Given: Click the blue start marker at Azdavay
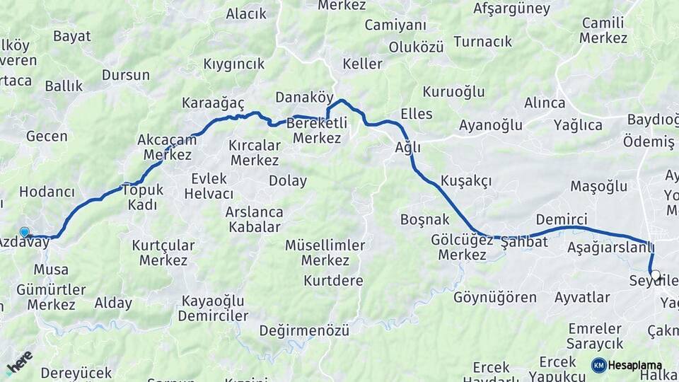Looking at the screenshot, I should click(x=25, y=232).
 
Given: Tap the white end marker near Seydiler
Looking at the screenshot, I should click(x=655, y=275).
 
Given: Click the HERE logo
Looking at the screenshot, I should click(x=19, y=362).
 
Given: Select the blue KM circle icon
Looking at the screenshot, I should click(x=598, y=365).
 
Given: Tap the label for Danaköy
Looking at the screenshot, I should click(x=304, y=97).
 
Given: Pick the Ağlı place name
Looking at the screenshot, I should click(x=408, y=147).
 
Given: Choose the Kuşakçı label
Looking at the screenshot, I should click(x=465, y=180).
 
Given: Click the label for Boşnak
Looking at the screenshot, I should click(x=424, y=219).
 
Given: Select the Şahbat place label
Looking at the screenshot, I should click(x=524, y=242).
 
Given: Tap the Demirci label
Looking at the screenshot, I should click(x=562, y=219).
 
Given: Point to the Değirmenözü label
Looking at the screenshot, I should click(x=304, y=330).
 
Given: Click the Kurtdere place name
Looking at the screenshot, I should click(x=333, y=280).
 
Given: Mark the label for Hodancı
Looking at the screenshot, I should click(x=47, y=192).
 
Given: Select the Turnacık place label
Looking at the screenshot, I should click(x=482, y=42).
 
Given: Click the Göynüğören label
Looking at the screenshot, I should click(x=495, y=297).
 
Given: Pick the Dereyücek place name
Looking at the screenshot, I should click(x=76, y=373).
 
